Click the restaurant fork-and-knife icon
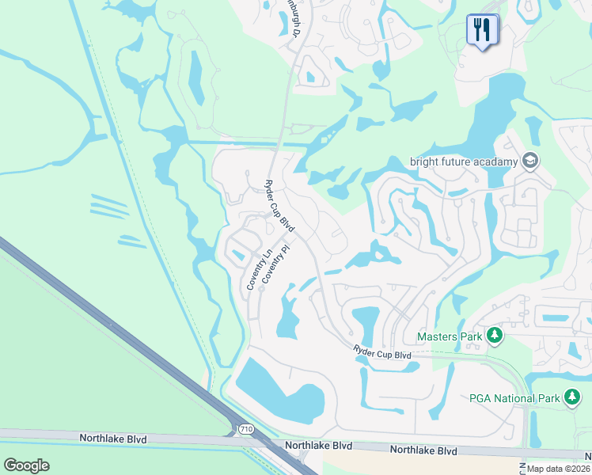481,30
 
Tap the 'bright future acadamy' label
463,161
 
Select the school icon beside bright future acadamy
529,161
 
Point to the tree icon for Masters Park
495,336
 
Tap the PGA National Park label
514,397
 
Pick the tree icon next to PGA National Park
571,397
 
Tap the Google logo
26,465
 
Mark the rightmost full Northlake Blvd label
424,450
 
